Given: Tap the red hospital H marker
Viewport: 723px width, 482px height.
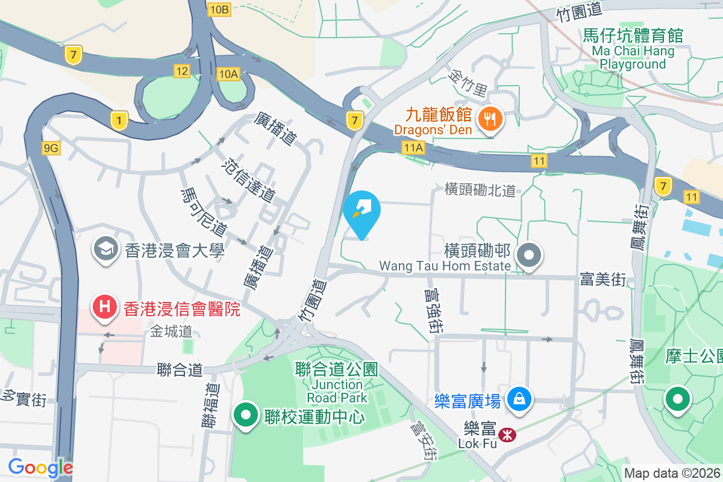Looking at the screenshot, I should [x=104, y=307].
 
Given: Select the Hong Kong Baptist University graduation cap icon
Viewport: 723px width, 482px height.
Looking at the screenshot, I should [x=105, y=250].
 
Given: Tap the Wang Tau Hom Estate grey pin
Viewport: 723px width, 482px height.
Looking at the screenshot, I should [x=530, y=255].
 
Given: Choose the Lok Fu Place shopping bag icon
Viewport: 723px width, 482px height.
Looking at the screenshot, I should [x=518, y=399].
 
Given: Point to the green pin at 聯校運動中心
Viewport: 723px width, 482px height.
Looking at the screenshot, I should [x=246, y=416].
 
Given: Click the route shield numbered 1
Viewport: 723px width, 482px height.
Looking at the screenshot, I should [x=119, y=120].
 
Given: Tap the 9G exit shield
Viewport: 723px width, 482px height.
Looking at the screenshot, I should [x=52, y=148].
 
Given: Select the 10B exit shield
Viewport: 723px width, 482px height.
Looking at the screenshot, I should [x=219, y=9].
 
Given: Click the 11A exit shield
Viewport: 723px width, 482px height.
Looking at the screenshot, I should [x=415, y=147].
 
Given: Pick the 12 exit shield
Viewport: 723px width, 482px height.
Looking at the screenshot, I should [x=181, y=71].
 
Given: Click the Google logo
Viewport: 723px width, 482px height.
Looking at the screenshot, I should [x=40, y=468].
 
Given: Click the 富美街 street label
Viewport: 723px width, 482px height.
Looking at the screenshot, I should [x=603, y=279].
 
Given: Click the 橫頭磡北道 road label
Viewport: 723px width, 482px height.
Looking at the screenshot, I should [x=480, y=190].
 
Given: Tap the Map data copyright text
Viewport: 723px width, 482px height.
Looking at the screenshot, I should [x=672, y=473].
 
